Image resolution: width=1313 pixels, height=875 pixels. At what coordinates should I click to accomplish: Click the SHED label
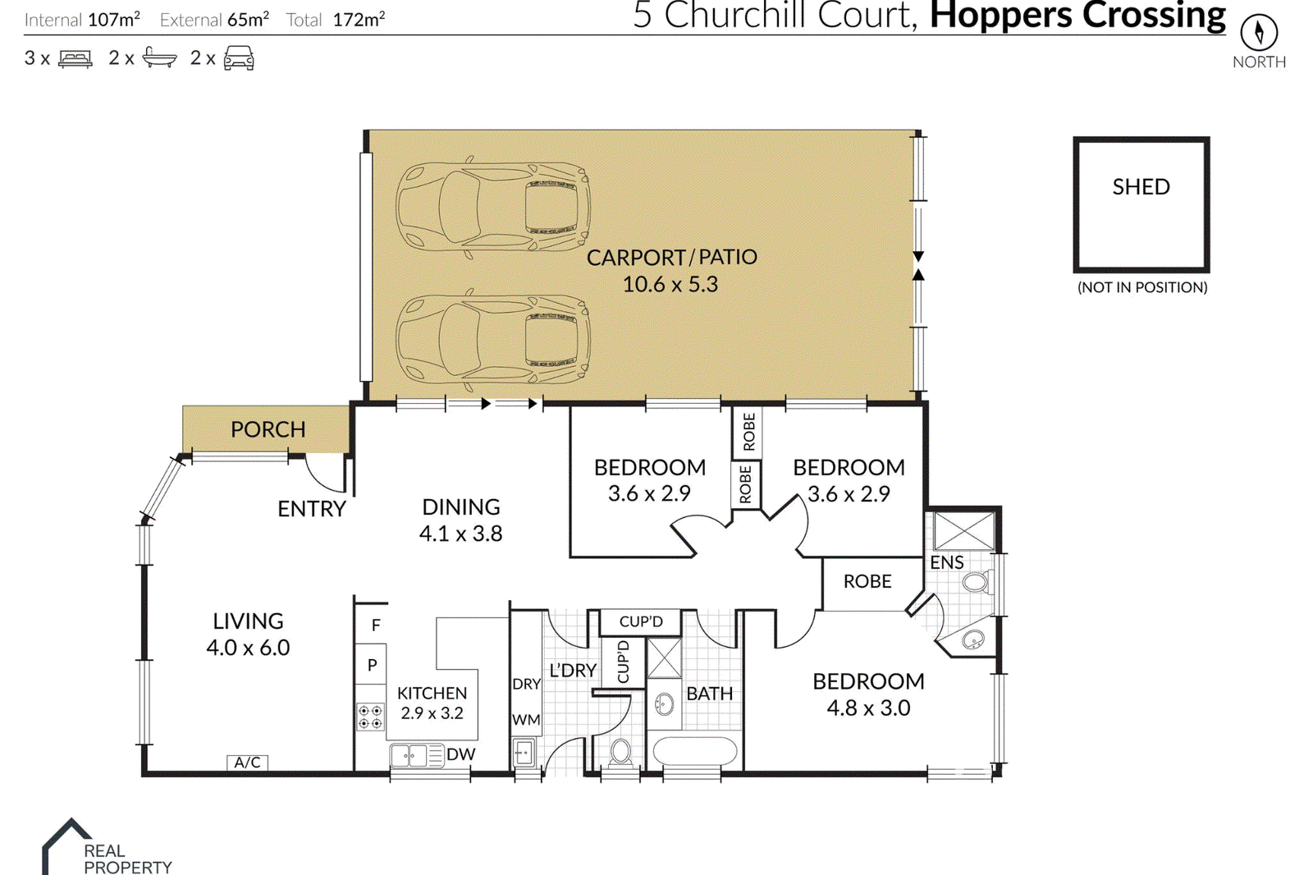click(x=1141, y=186)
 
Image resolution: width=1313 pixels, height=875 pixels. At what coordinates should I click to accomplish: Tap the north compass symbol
click(x=1259, y=32)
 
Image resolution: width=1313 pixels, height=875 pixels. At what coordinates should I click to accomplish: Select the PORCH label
click(x=268, y=429)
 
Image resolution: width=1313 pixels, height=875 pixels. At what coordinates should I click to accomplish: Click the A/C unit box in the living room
click(x=247, y=763)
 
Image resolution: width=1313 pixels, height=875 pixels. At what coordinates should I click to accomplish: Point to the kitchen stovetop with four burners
click(x=370, y=717)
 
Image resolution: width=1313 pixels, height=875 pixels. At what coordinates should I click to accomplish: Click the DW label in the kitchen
click(x=460, y=754)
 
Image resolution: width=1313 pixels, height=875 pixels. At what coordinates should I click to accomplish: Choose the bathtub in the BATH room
click(x=694, y=752)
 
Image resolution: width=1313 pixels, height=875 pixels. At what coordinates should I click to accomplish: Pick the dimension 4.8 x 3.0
click(x=868, y=708)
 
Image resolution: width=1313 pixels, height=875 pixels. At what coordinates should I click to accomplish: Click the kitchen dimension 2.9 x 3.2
click(x=432, y=713)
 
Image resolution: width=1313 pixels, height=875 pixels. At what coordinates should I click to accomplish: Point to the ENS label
click(x=947, y=562)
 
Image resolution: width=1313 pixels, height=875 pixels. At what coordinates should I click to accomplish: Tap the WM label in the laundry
click(x=526, y=720)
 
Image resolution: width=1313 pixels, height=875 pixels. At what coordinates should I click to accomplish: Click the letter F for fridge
click(x=376, y=625)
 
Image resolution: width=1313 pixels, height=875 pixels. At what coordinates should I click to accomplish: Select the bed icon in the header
click(x=75, y=58)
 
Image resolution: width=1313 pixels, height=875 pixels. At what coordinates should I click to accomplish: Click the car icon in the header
click(x=239, y=58)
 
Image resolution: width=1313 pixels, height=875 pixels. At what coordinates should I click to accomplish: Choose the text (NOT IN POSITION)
click(x=1142, y=287)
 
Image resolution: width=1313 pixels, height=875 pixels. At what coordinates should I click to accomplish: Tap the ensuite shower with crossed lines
click(x=964, y=531)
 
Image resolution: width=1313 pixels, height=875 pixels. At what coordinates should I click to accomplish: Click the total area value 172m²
click(x=359, y=20)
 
